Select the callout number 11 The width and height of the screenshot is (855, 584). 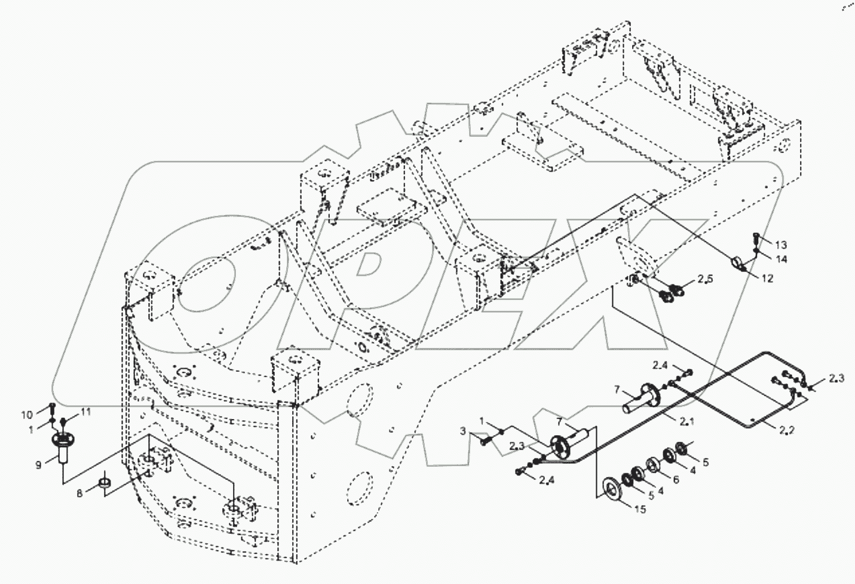pos(85,412)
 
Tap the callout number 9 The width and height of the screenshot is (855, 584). pos(39,464)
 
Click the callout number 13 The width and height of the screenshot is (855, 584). pos(782,245)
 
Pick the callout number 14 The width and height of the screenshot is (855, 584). pos(782,259)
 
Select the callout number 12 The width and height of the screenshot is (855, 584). pos(767,279)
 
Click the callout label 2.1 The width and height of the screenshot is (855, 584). pos(685,421)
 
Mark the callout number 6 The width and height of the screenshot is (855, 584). pos(676,479)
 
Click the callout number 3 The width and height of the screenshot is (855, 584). pos(462,430)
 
